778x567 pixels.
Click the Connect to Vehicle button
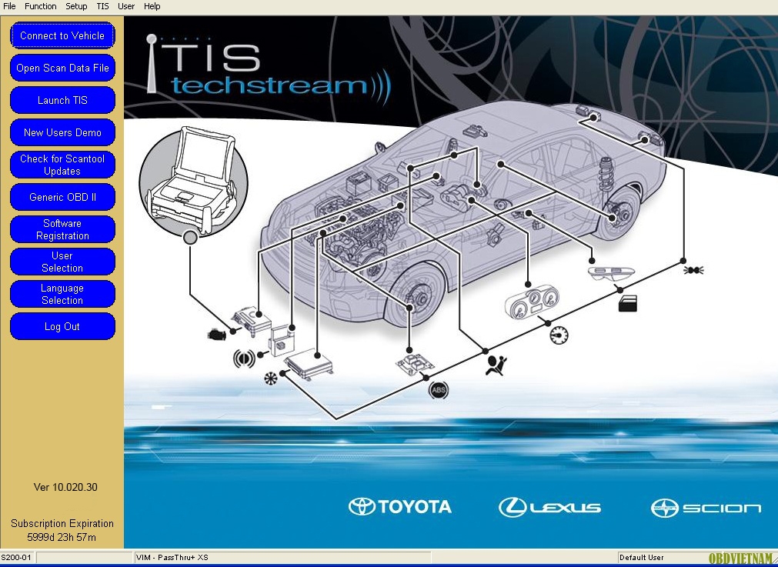click(62, 35)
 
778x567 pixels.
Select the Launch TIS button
click(62, 100)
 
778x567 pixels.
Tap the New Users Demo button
click(62, 132)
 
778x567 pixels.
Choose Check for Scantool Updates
click(62, 165)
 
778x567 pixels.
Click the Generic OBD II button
click(62, 197)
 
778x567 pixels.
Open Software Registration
click(62, 229)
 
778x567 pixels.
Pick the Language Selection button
click(62, 294)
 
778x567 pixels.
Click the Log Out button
click(62, 326)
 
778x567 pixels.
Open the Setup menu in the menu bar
click(76, 6)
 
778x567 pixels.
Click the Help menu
click(152, 6)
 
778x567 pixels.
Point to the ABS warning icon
click(438, 390)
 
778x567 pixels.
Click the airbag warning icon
click(496, 366)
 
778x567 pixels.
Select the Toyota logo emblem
click(362, 507)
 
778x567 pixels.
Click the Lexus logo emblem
click(512, 508)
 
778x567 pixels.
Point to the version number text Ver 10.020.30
click(65, 487)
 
